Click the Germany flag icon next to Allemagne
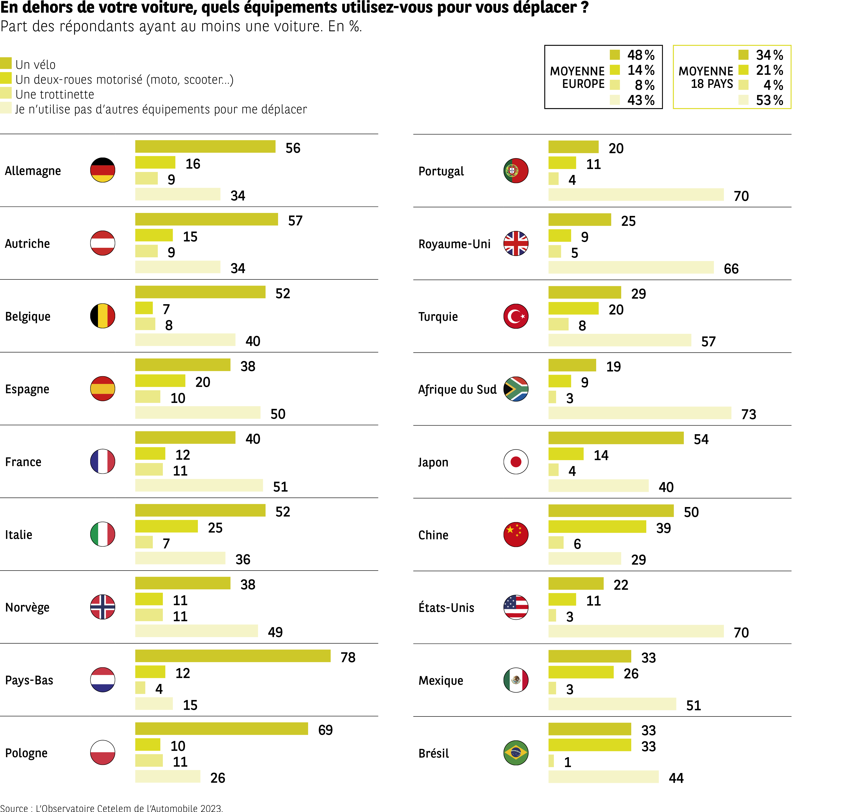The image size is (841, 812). point(103,170)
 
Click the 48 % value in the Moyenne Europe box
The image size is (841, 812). point(641,55)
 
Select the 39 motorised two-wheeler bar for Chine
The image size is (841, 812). point(597,527)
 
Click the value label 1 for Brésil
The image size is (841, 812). point(567,762)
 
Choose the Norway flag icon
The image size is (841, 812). point(103,607)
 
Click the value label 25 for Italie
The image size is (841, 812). point(215,527)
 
